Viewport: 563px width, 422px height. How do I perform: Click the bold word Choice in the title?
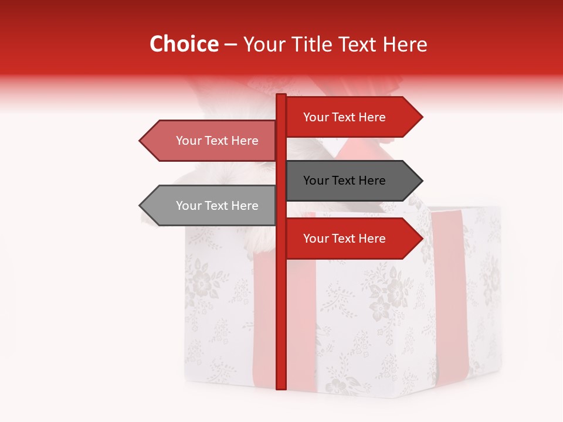[x=184, y=44]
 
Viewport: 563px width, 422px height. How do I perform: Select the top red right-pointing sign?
[x=346, y=117]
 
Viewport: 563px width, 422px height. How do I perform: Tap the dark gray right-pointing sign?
[x=346, y=181]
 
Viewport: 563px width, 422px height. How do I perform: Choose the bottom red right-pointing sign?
[x=346, y=239]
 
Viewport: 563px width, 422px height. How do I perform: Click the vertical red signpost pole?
[x=281, y=305]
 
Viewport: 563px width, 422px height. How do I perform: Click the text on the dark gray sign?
[x=344, y=181]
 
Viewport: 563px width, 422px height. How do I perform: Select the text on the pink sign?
[x=217, y=141]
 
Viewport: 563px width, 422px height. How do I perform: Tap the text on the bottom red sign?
[x=344, y=239]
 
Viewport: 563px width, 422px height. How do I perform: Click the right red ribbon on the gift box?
[x=449, y=293]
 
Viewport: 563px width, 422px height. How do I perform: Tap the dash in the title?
[x=230, y=44]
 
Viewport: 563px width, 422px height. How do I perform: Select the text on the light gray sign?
[x=217, y=206]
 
